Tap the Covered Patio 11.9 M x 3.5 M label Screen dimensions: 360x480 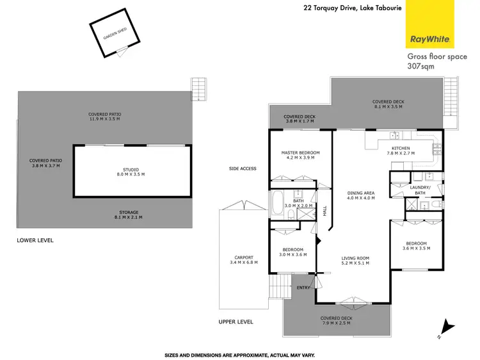coord(104,117)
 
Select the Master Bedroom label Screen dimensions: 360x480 coord(300,155)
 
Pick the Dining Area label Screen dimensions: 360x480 coord(360,195)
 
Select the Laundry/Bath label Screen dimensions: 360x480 coord(419,190)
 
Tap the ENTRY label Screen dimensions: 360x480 coord(303,288)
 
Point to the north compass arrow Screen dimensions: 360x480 coord(448,326)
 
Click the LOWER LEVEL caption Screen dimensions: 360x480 coord(35,240)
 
